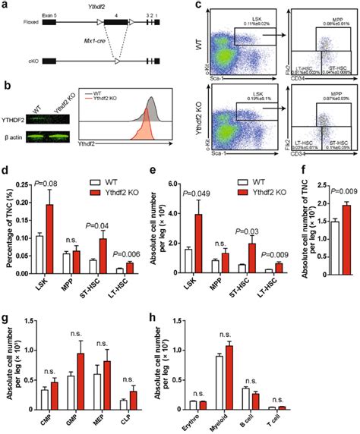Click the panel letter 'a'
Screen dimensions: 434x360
tap(6, 6)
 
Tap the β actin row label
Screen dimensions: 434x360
tap(15, 137)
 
